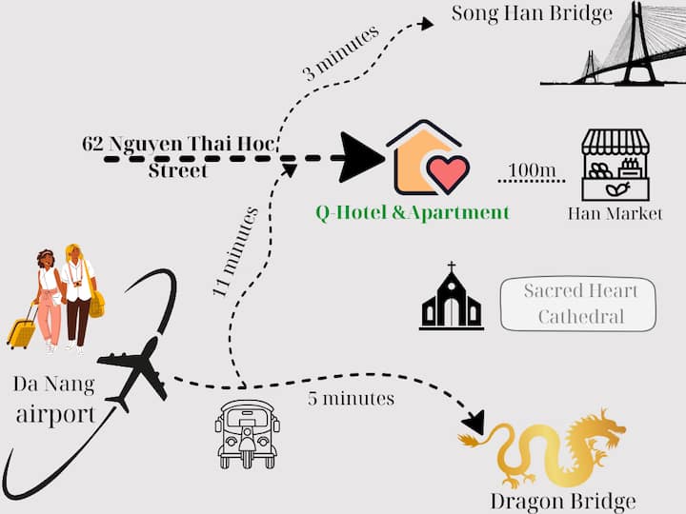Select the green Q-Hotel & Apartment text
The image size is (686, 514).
tap(413, 212)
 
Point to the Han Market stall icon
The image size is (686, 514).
tap(615, 165)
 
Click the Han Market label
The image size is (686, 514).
tap(615, 213)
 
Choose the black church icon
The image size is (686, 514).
tap(451, 300)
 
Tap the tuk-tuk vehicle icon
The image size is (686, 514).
tap(246, 434)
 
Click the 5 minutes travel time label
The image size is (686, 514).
tap(351, 398)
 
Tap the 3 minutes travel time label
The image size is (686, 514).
tap(341, 54)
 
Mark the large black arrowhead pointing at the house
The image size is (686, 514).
tap(362, 157)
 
